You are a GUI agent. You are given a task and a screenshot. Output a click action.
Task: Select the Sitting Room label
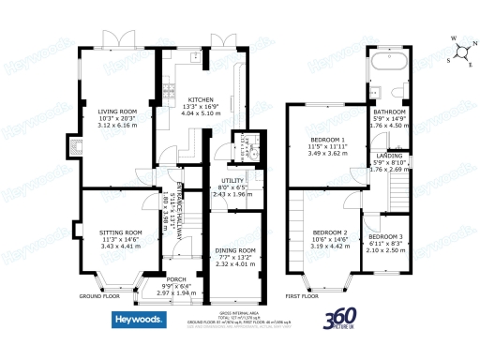(121, 232)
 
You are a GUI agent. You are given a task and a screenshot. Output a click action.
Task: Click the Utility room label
(232, 180)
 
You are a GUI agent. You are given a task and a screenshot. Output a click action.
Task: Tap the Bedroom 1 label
(328, 141)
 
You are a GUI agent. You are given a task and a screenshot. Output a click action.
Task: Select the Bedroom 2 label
(330, 232)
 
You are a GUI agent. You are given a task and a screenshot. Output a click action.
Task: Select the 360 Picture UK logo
(343, 320)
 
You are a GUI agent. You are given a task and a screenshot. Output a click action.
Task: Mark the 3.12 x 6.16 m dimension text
(118, 126)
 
